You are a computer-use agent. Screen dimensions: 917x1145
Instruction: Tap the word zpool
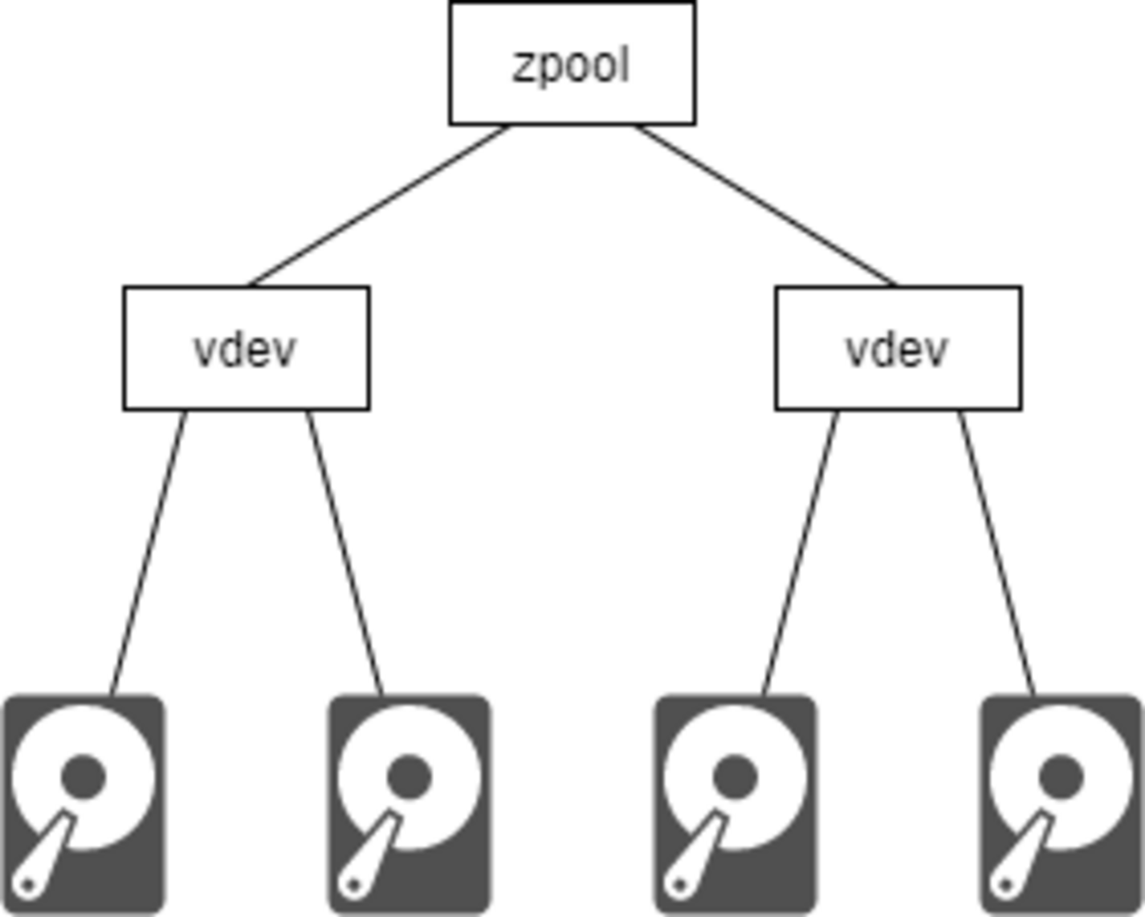571,66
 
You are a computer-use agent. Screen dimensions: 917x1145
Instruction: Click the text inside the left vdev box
245,351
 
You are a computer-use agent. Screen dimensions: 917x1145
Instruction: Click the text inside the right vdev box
897,351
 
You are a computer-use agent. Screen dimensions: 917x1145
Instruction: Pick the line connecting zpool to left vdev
380,205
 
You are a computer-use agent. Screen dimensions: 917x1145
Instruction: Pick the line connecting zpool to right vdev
765,205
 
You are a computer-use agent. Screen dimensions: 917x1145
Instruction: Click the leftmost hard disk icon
85,804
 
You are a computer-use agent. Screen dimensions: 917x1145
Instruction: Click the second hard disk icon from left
410,804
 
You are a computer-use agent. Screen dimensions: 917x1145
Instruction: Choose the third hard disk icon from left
735,804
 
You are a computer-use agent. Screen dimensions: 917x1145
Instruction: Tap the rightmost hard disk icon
1060,804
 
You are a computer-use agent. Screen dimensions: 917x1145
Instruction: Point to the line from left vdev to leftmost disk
148,552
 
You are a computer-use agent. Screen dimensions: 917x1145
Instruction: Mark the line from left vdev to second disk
344,552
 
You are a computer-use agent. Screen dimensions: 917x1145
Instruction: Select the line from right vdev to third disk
800,552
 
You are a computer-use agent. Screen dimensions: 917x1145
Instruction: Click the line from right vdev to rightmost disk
996,552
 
